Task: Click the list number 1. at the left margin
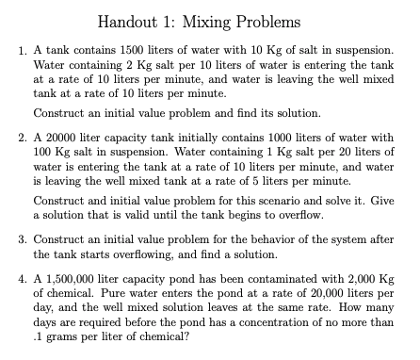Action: pyautogui.click(x=25, y=48)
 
